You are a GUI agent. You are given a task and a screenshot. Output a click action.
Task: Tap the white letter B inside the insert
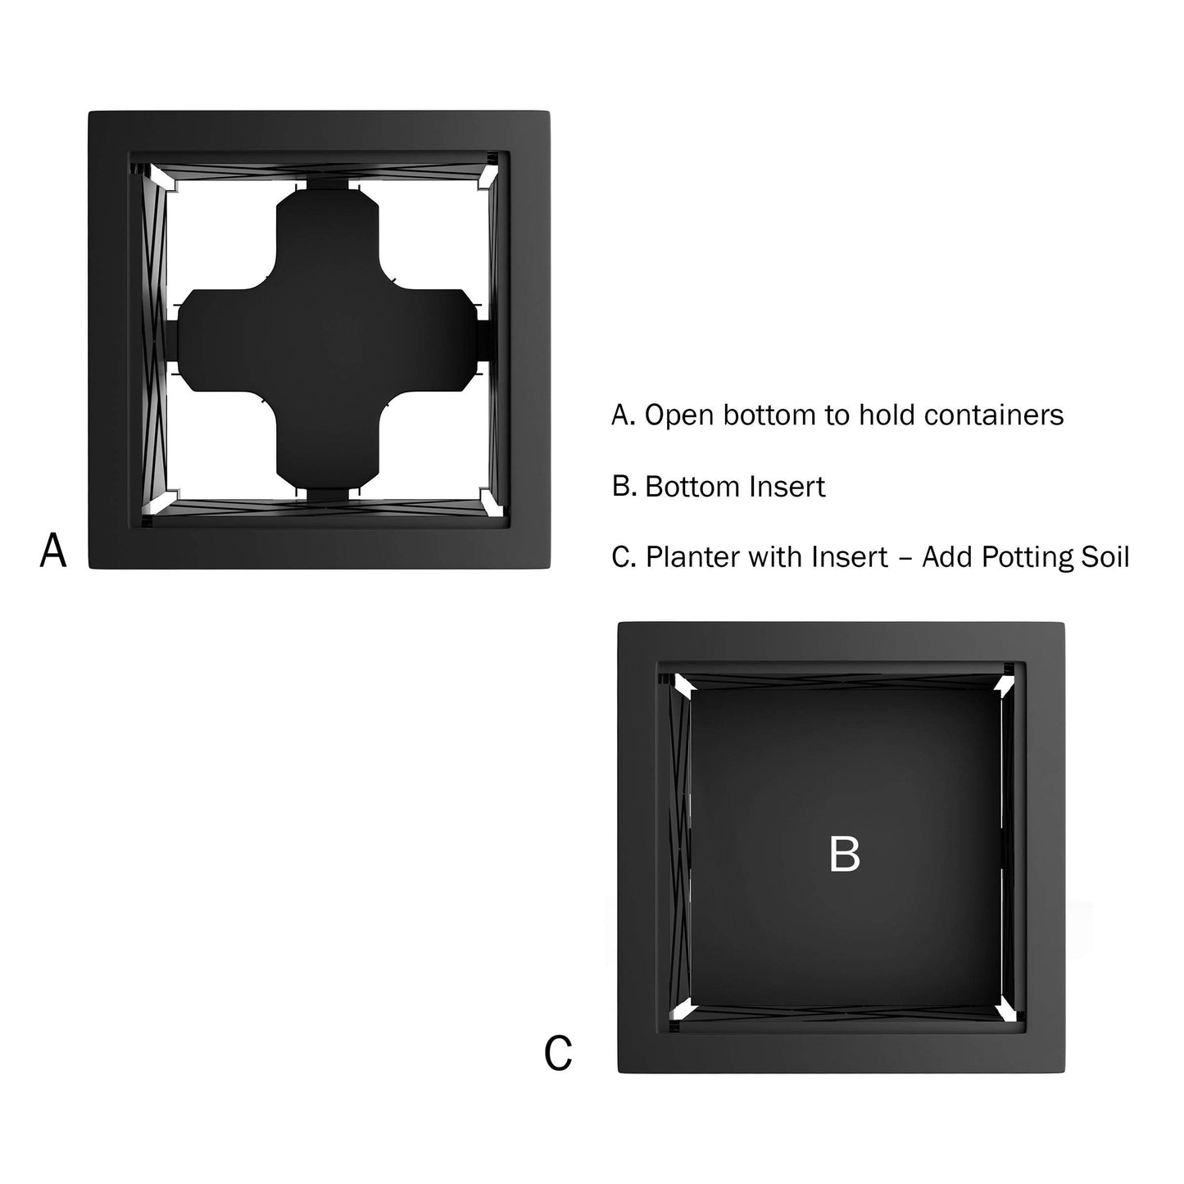coord(844,854)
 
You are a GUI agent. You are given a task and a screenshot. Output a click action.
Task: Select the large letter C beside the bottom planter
coord(558,1053)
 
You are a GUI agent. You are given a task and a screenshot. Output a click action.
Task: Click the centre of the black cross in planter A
coord(328,340)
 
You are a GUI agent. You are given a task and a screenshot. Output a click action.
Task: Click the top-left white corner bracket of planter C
coord(683,684)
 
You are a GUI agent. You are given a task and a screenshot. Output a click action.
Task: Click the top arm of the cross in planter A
coord(328,239)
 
